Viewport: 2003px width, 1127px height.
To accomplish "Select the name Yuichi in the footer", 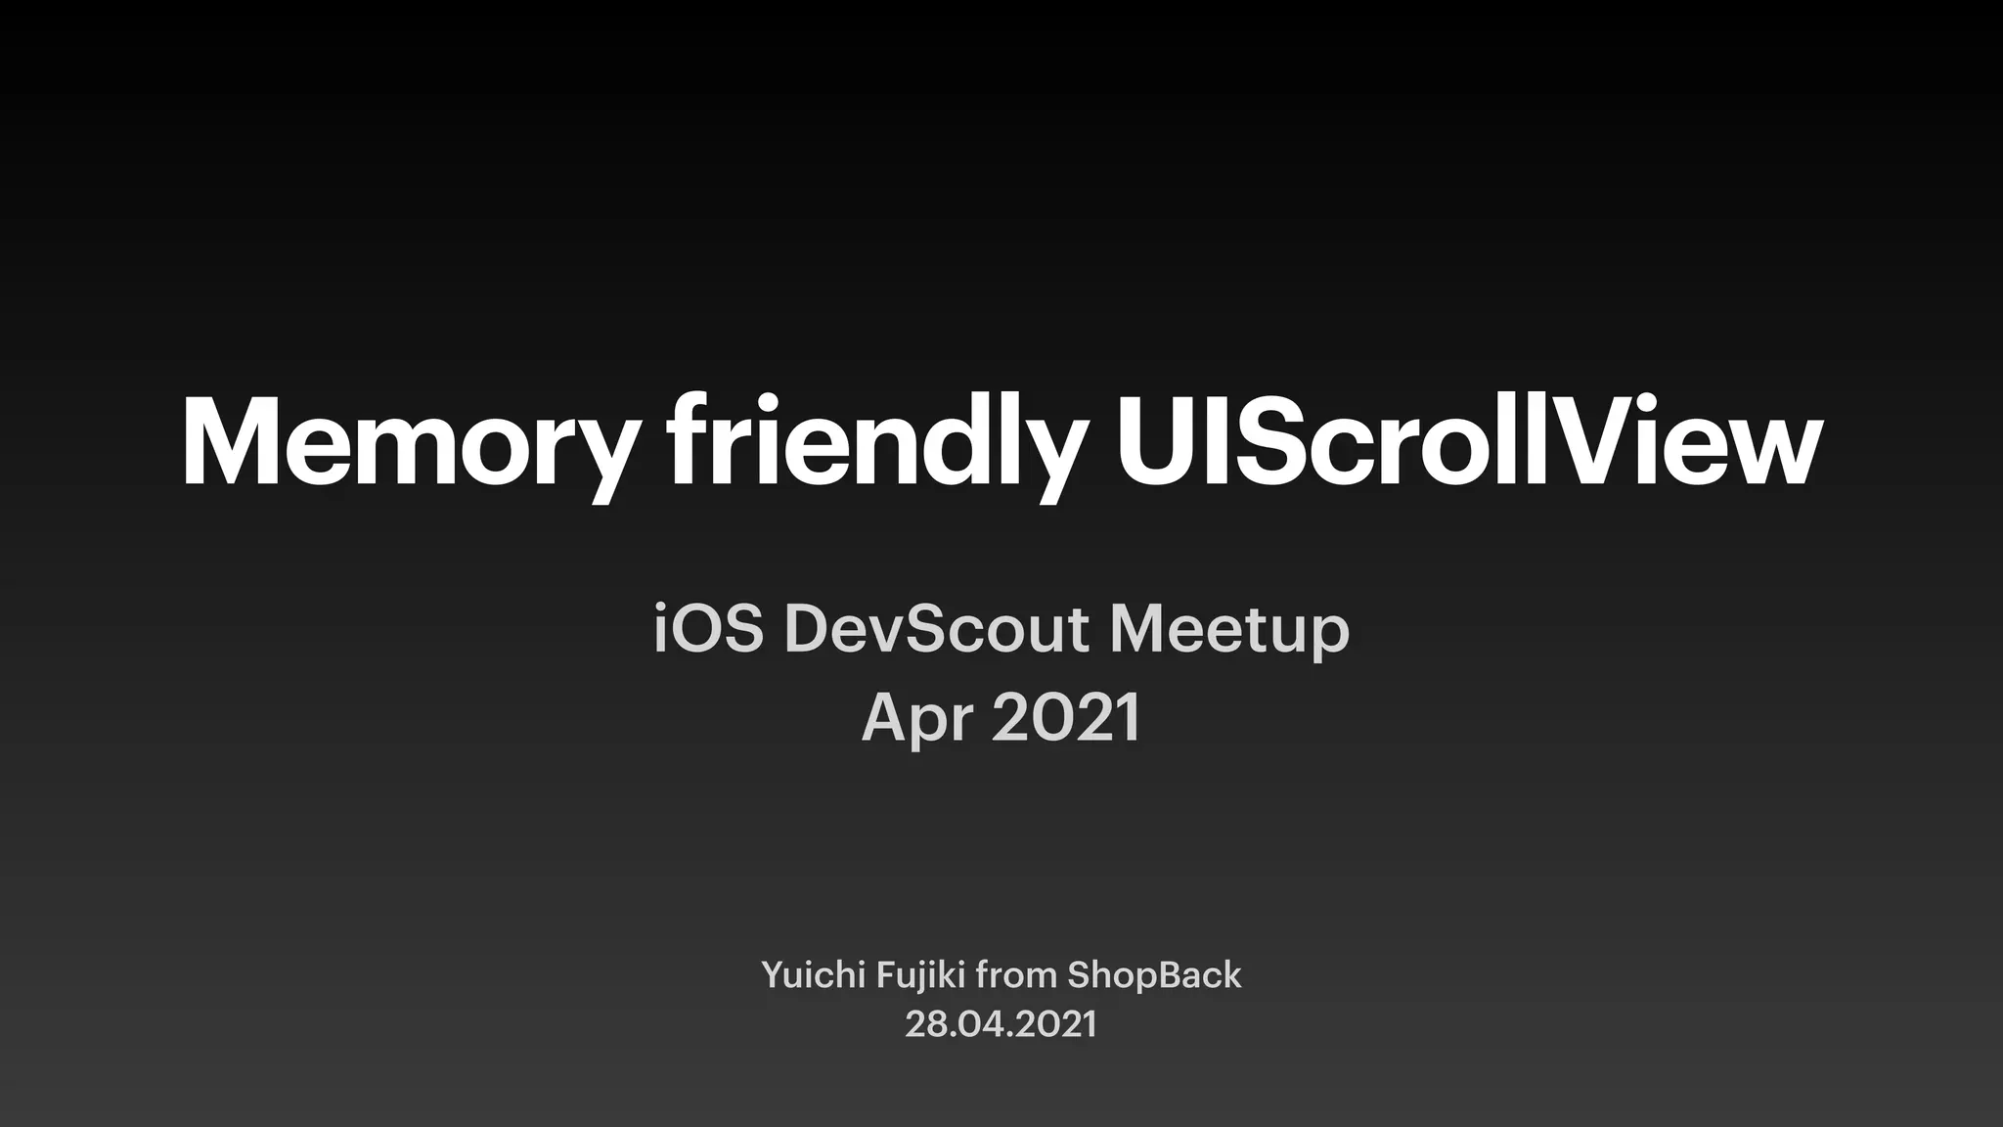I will pyautogui.click(x=808, y=975).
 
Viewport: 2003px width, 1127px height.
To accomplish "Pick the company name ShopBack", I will pyautogui.click(x=1154, y=975).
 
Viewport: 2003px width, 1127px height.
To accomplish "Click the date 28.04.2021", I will pyautogui.click(x=1001, y=1024).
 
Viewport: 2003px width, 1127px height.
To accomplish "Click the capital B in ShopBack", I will pyautogui.click(x=1166, y=975).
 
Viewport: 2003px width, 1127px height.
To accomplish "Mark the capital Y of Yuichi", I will pyautogui.click(x=773, y=975).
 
